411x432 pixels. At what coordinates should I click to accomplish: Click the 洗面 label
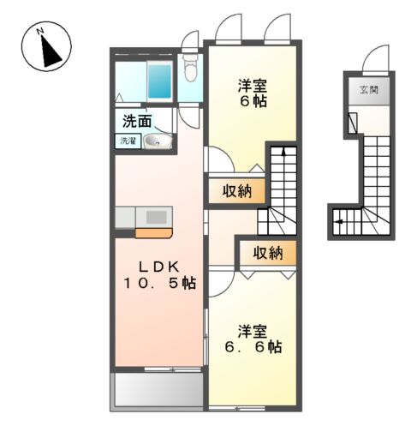pyautogui.click(x=138, y=122)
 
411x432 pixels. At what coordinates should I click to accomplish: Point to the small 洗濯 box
pyautogui.click(x=128, y=141)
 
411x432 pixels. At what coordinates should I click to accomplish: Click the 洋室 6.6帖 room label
pyautogui.click(x=253, y=338)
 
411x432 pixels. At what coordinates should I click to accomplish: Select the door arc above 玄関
pyautogui.click(x=373, y=61)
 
